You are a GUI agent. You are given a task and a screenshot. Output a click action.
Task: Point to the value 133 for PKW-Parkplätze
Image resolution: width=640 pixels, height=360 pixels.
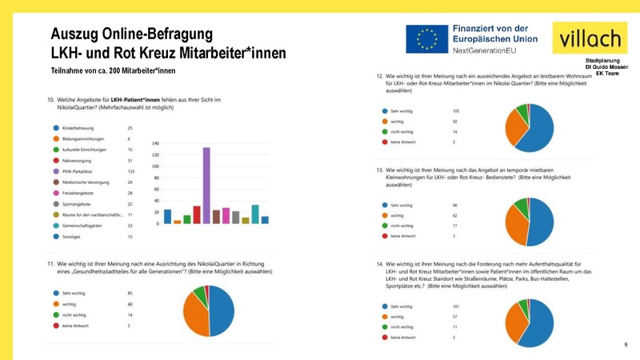tap(132, 171)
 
